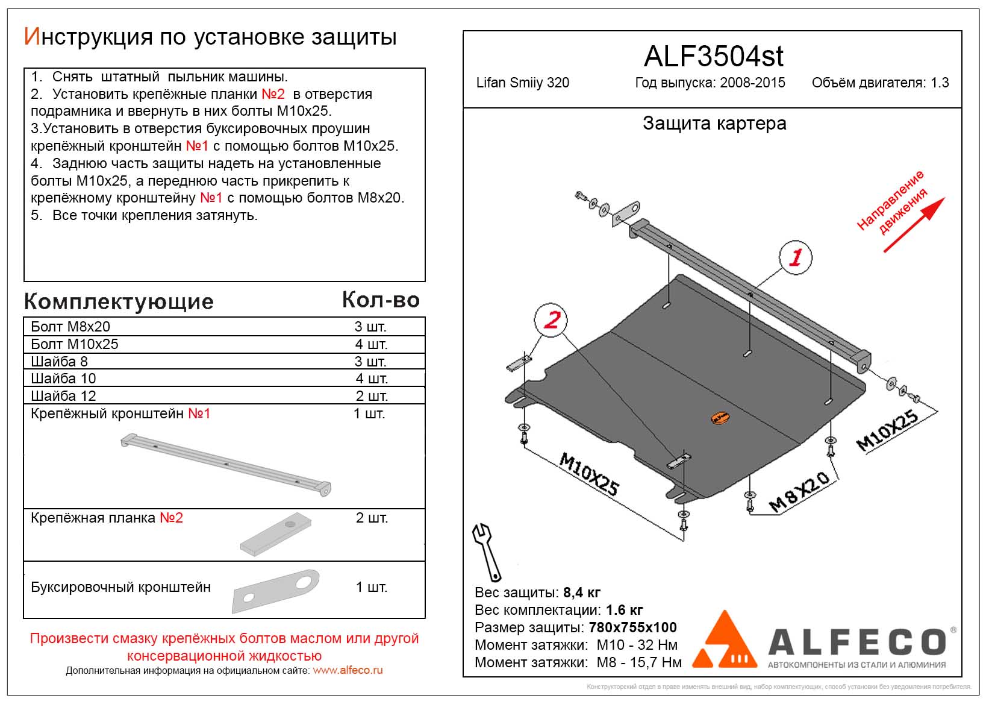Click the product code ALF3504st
coord(713,57)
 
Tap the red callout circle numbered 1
coord(795,258)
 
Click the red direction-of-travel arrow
coord(913,224)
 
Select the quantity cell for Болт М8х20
coord(370,327)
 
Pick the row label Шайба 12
coord(63,396)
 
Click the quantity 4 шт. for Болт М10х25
coord(371,344)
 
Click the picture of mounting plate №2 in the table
coord(276,534)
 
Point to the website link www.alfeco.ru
coord(348,670)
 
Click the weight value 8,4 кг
coord(582,592)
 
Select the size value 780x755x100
coord(632,627)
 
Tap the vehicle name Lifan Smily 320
coord(522,83)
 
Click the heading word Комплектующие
coord(119,301)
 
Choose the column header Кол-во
coord(381,300)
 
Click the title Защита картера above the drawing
coord(714,124)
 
